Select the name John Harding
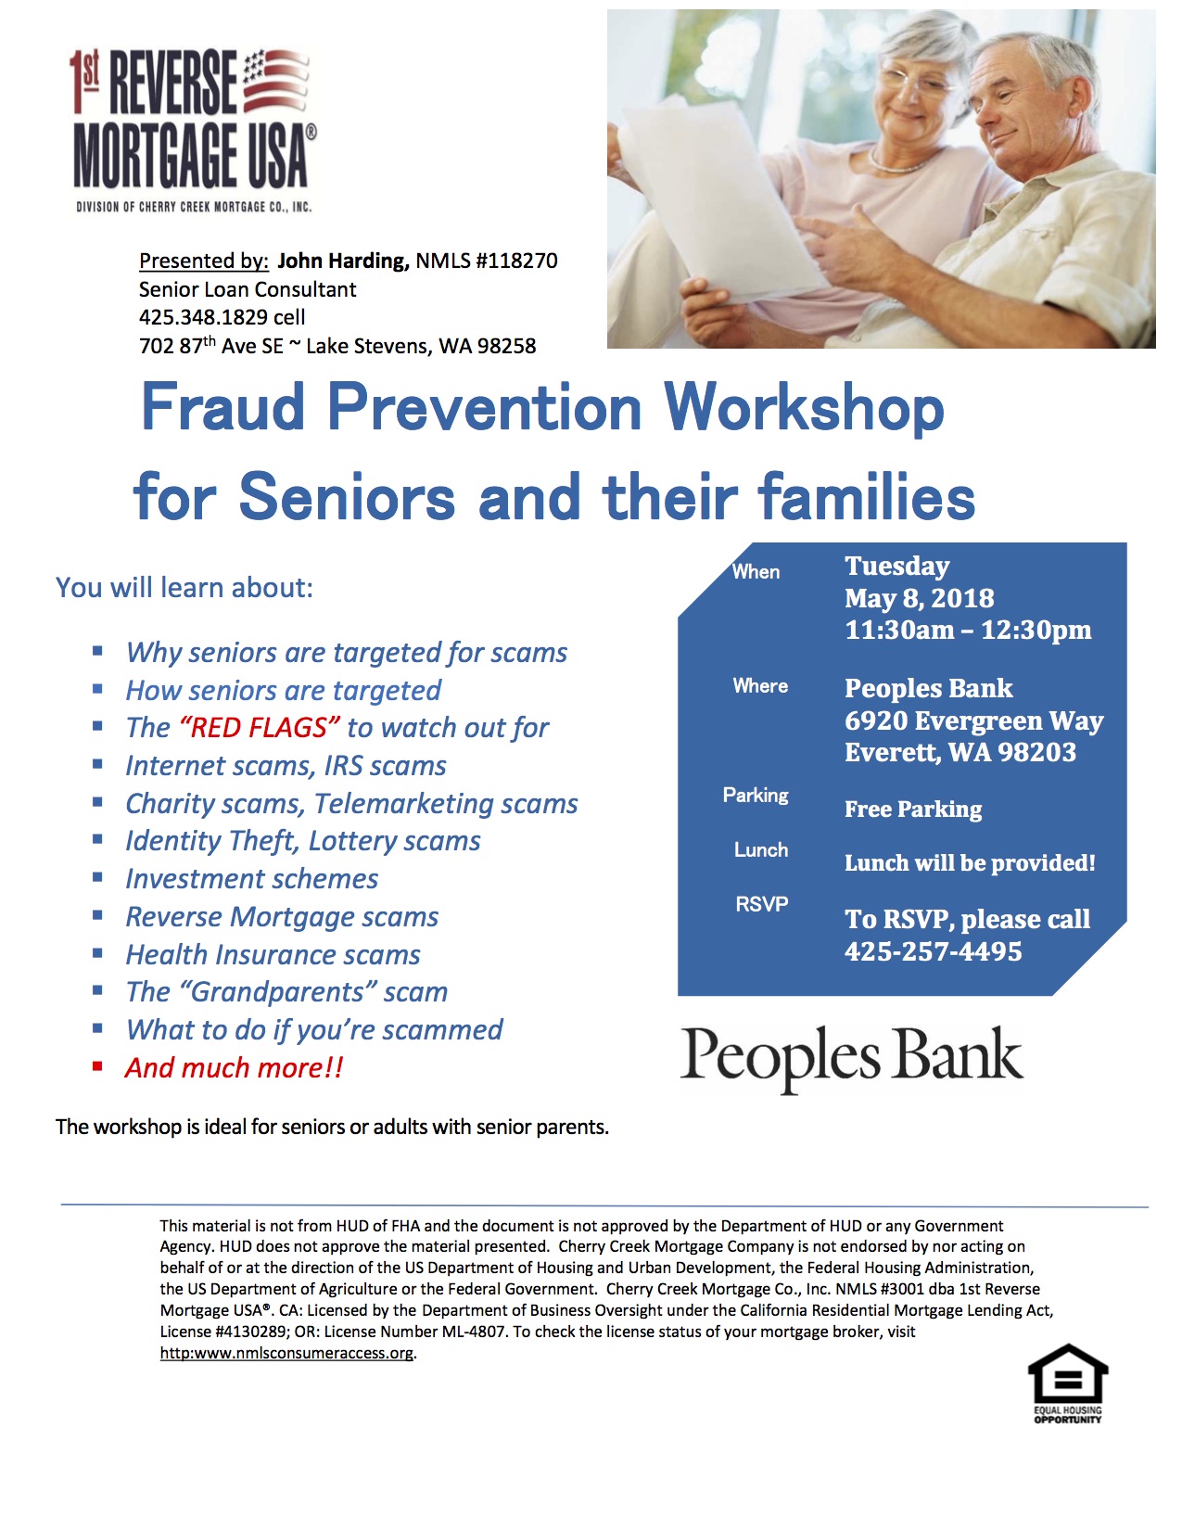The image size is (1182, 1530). coord(343,261)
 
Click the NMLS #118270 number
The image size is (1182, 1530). coord(487,261)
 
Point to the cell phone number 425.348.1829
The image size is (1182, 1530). coord(203,317)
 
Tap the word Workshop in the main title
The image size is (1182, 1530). coord(804,408)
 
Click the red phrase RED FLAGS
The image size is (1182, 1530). coord(259,728)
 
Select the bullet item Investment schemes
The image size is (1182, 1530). coord(251,879)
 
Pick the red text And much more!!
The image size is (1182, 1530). coord(234,1068)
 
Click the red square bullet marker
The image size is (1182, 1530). coord(97,1066)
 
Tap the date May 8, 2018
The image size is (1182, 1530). coord(920,598)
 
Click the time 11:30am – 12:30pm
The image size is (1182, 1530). coord(968,631)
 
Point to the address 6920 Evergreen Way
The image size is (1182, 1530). coord(973,721)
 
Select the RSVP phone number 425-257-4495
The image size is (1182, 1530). coord(933,952)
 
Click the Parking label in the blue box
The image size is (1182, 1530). coord(756,796)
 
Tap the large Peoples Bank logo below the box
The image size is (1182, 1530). coord(852,1058)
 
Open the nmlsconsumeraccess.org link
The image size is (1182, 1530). coord(286,1353)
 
